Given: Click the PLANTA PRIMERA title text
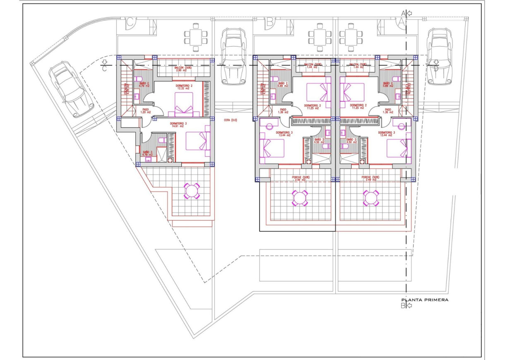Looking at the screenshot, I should click(425, 300).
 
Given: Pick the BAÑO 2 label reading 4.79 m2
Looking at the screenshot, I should click(144, 84).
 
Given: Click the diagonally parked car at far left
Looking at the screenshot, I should click(68, 88).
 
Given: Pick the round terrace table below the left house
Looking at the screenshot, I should click(192, 191).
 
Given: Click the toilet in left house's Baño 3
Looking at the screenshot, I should click(161, 141).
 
